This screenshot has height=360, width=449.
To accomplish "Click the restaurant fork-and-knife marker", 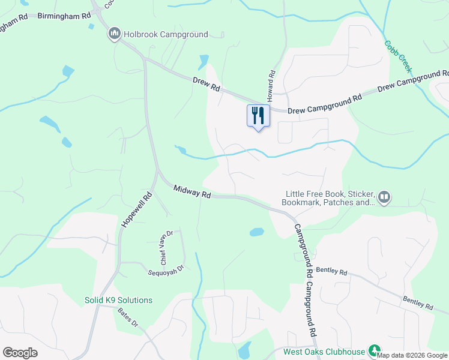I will click(x=259, y=115).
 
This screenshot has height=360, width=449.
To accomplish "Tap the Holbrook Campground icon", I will click(x=114, y=35).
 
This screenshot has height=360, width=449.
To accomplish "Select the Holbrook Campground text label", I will click(x=166, y=35).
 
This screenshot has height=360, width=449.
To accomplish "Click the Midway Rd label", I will click(x=193, y=191).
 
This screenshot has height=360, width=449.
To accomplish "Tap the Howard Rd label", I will click(x=271, y=85).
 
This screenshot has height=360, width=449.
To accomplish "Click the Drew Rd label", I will click(x=206, y=85).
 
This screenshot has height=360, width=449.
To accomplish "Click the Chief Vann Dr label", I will click(x=166, y=247).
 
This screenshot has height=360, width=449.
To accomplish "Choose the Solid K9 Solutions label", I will click(x=118, y=300).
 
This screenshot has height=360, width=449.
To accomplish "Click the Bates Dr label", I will click(x=128, y=317).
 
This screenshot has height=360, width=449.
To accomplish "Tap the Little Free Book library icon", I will click(x=384, y=197).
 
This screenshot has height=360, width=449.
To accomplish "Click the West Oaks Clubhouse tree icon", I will click(x=375, y=350).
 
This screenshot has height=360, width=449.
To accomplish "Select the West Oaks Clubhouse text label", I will click(x=324, y=352).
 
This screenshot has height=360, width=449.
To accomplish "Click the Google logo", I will click(x=20, y=353).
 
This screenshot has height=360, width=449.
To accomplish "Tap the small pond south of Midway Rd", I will click(x=256, y=232).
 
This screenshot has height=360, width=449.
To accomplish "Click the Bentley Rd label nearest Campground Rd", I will click(x=331, y=272).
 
